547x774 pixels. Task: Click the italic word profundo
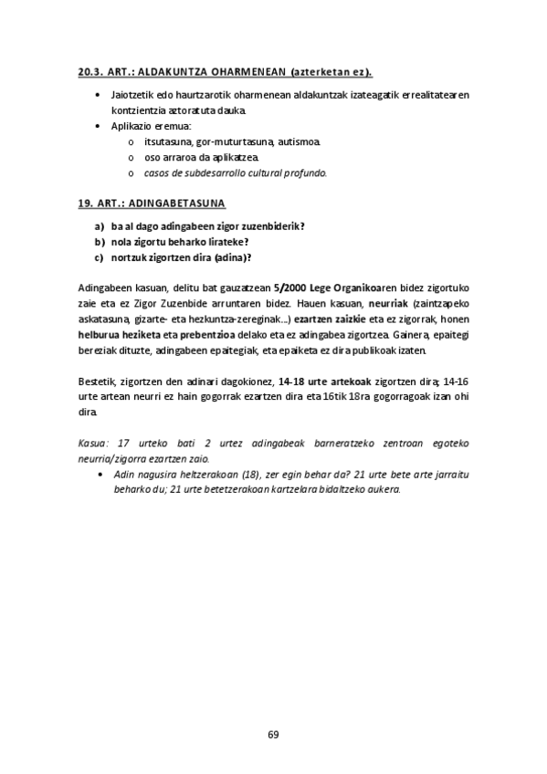(302, 173)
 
